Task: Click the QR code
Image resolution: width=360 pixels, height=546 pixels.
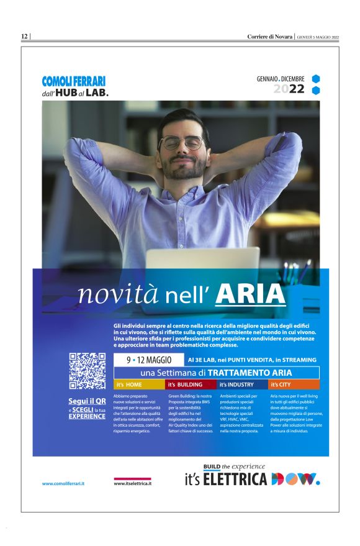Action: click(87, 371)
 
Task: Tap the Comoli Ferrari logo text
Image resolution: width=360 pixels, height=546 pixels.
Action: click(74, 81)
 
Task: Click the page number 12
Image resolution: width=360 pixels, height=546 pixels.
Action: click(24, 37)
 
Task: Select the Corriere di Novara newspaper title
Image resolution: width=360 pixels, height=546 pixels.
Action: click(270, 37)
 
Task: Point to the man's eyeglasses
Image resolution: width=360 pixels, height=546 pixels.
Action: click(181, 143)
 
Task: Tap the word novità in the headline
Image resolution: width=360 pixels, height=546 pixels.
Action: click(119, 295)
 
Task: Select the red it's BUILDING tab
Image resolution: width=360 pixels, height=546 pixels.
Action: click(191, 385)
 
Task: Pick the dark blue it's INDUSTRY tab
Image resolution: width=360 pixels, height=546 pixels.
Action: click(242, 385)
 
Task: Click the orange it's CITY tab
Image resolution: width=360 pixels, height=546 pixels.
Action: click(294, 385)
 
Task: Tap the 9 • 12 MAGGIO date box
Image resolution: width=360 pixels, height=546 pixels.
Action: click(149, 360)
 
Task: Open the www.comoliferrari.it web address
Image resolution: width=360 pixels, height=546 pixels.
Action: click(63, 483)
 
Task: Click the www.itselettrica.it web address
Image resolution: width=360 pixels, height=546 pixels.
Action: click(133, 483)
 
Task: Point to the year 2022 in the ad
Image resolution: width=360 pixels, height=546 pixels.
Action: click(289, 89)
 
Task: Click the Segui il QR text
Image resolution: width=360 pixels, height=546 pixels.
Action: click(87, 401)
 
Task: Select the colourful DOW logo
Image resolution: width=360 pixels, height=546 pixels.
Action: click(295, 479)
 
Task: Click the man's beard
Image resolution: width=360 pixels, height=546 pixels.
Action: click(184, 166)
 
